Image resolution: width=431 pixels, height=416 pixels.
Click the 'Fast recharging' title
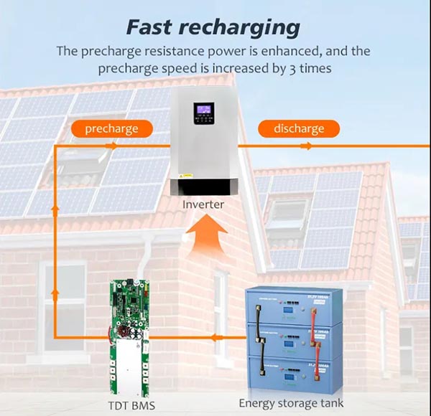click(213, 27)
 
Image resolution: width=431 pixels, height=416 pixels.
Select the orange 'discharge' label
click(299, 129)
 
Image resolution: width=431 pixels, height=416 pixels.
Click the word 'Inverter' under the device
click(203, 204)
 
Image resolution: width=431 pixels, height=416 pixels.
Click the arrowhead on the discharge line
click(307, 146)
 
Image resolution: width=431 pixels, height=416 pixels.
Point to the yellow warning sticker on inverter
click(186, 174)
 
